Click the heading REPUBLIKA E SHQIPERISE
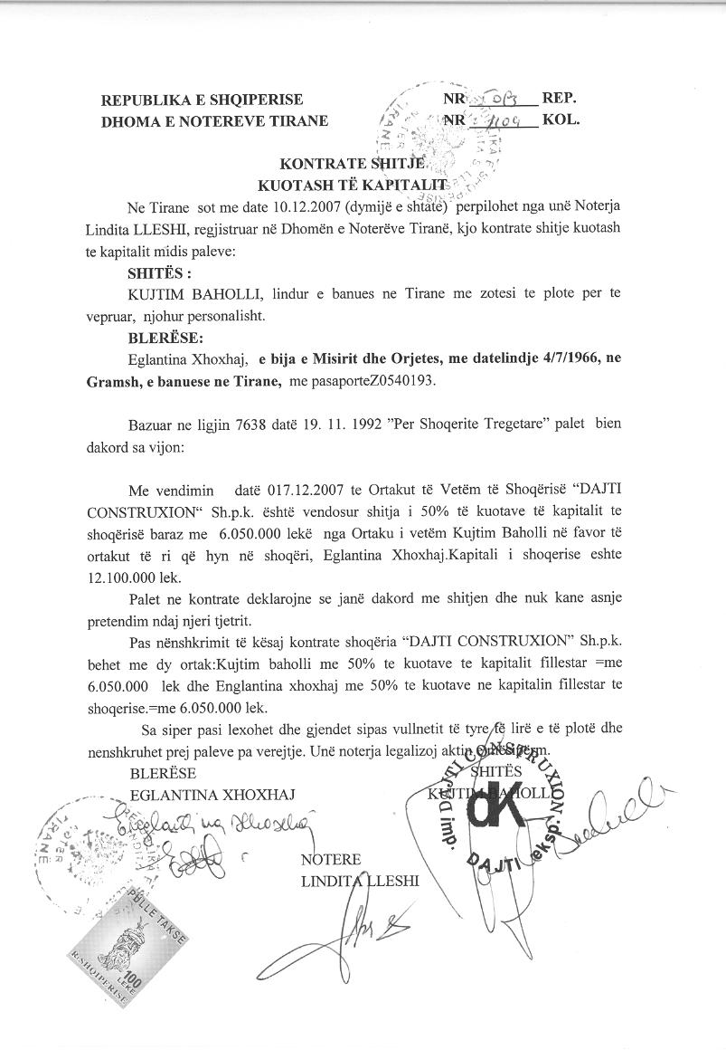click(202, 100)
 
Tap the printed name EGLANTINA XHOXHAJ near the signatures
click(212, 794)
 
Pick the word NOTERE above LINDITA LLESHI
click(330, 858)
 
